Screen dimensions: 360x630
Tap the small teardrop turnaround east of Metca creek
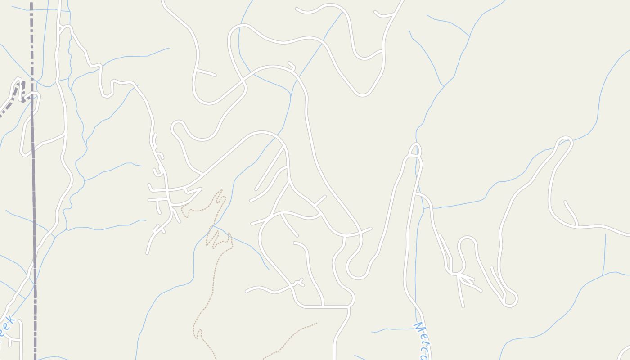coord(510,299)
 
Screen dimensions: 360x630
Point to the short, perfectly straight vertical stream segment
coord(604,254)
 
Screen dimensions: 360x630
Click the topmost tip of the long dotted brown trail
coord(221,191)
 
